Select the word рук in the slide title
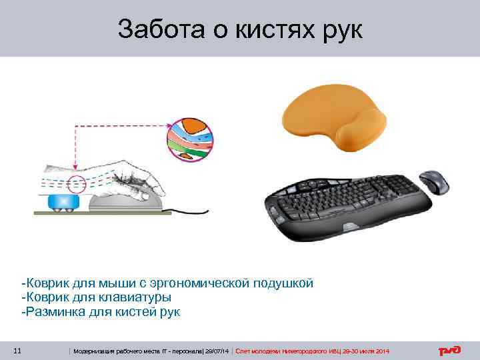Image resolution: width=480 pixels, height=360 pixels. click(339, 29)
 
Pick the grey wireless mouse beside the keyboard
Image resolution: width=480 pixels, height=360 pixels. click(435, 181)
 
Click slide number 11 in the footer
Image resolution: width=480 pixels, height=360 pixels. click(18, 351)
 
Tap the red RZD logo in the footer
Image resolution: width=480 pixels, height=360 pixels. click(449, 351)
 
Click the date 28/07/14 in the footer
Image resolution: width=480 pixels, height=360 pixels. click(217, 351)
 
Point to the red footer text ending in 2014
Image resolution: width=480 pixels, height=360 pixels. click(313, 351)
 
